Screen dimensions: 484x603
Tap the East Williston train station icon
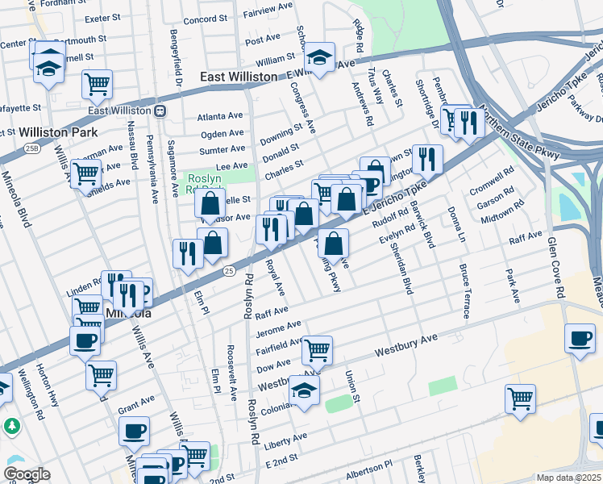pyautogui.click(x=160, y=111)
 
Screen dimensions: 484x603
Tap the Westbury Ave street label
pyautogui.click(x=406, y=345)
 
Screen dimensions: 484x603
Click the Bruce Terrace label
pyautogui.click(x=464, y=290)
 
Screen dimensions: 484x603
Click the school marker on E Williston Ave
pyautogui.click(x=319, y=56)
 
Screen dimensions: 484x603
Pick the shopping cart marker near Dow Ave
pyautogui.click(x=318, y=348)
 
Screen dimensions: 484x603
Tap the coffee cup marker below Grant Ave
pyautogui.click(x=134, y=429)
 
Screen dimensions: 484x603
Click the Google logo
pyautogui.click(x=27, y=474)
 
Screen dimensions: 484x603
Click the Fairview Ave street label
pyautogui.click(x=268, y=14)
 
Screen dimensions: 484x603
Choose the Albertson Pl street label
pyautogui.click(x=365, y=465)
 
